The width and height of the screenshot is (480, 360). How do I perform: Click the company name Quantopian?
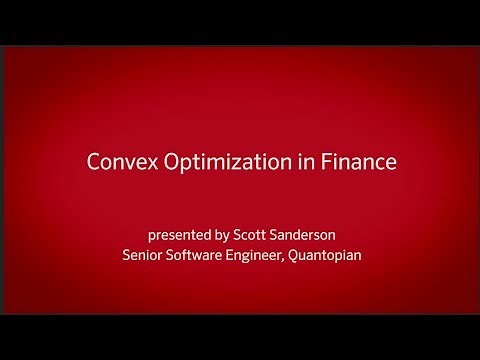click(327, 255)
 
